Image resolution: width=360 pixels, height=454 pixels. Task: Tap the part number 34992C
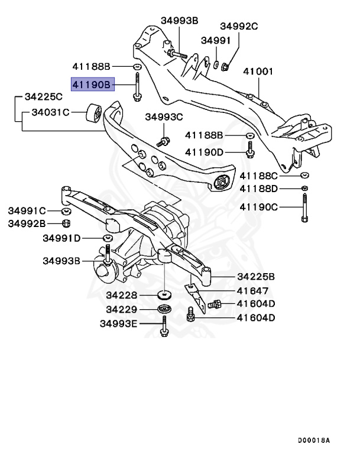click(239, 26)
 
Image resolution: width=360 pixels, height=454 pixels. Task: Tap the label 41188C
click(258, 176)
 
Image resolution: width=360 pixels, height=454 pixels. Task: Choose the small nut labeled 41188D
click(303, 189)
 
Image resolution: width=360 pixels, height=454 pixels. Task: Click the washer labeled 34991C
click(67, 210)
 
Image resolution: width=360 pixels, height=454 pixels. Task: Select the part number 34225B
click(256, 276)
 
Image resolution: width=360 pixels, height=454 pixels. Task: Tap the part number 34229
click(122, 309)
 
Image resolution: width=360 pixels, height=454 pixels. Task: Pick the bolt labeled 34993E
click(163, 325)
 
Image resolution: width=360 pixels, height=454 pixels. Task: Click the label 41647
click(252, 290)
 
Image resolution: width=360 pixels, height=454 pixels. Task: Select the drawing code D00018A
click(314, 440)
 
